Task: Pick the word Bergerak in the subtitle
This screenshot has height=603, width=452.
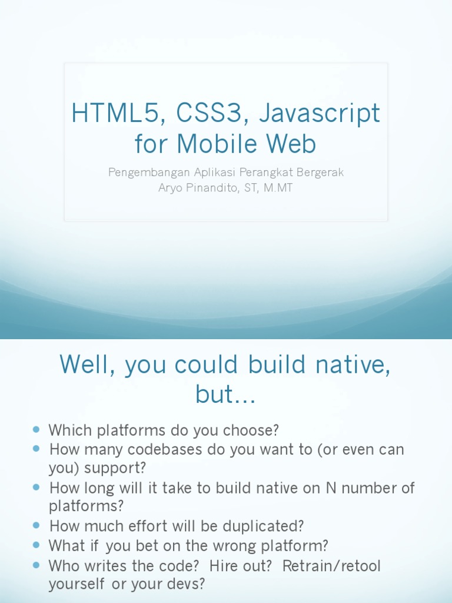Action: tap(318, 173)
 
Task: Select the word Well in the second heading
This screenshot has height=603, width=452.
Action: tap(85, 365)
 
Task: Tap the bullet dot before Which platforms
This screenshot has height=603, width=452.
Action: tap(36, 429)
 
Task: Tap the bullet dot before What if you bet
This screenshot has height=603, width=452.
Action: tap(36, 545)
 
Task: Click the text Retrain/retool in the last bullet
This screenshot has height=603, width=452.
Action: tap(332, 566)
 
